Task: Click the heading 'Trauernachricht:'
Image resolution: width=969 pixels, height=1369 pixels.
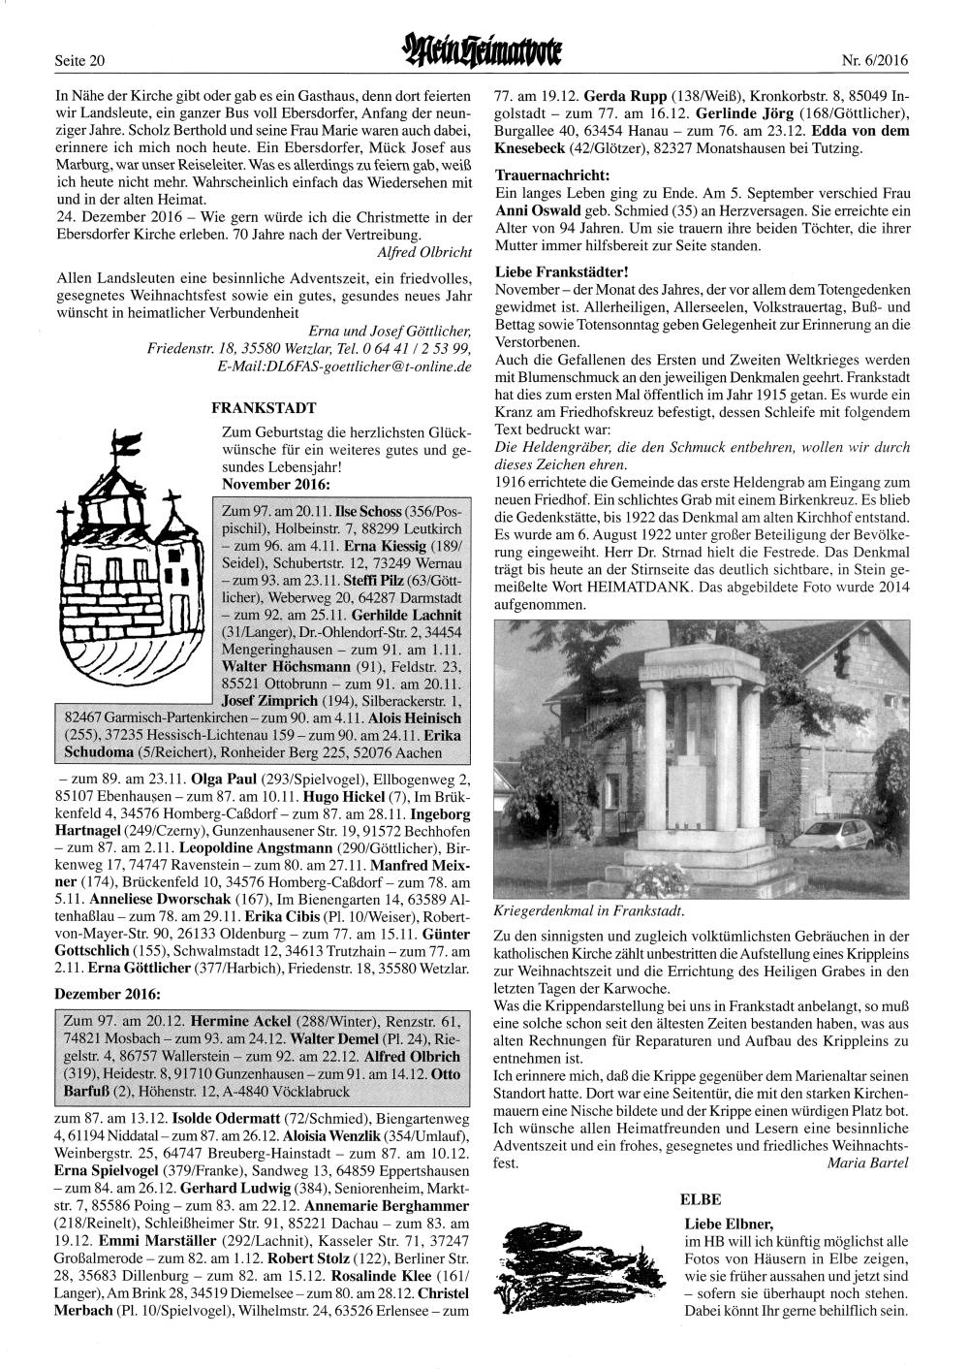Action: tap(553, 176)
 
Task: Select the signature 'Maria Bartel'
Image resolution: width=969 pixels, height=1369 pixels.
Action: tap(868, 1163)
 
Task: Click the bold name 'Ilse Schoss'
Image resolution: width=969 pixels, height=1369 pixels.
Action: tap(369, 510)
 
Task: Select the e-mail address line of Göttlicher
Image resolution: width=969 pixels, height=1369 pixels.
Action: tap(345, 366)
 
